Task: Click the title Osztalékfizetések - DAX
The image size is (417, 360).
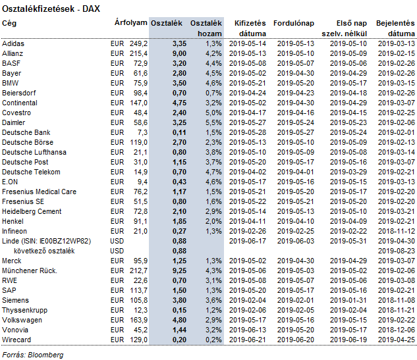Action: click(51, 9)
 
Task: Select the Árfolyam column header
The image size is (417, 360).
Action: click(131, 23)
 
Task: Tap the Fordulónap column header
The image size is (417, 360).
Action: click(294, 24)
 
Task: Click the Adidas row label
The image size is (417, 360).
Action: click(13, 43)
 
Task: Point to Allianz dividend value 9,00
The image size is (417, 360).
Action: click(179, 54)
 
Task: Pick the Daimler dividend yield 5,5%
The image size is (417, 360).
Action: click(213, 123)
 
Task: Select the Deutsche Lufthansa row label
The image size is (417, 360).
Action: click(34, 152)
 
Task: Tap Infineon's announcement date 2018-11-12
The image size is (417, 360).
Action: click(397, 231)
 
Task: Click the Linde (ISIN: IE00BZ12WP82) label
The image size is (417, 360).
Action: click(47, 242)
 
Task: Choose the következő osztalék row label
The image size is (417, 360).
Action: click(44, 251)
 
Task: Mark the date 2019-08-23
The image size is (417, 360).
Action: click(397, 251)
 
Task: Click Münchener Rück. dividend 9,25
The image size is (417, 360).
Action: click(179, 270)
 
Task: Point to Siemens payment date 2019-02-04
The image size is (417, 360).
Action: click(248, 300)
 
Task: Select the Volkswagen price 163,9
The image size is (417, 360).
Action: click(138, 320)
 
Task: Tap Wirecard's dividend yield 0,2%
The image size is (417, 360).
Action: click(213, 340)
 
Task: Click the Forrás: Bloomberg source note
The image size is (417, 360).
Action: click(33, 355)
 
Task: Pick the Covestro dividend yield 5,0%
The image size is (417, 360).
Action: click(213, 113)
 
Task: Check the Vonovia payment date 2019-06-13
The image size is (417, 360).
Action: click(248, 330)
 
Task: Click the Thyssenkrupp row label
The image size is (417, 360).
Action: click(25, 311)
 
